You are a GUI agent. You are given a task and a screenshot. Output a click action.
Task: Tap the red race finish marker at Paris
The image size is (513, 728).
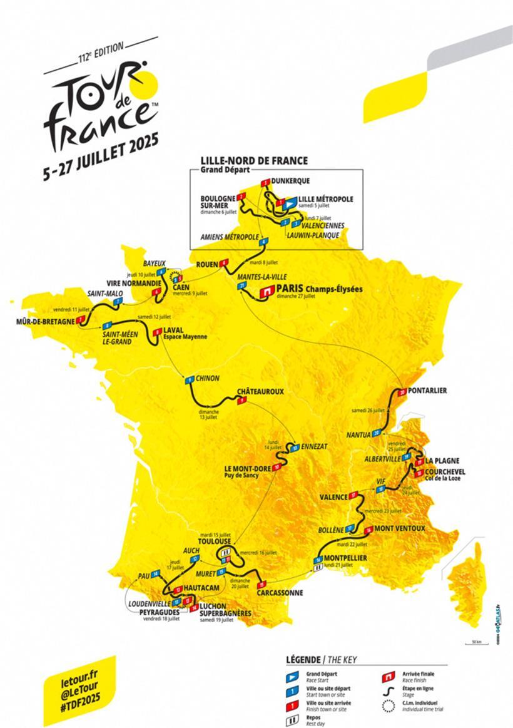pyautogui.click(x=267, y=291)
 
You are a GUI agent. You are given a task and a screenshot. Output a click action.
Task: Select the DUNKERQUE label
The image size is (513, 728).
pyautogui.click(x=291, y=181)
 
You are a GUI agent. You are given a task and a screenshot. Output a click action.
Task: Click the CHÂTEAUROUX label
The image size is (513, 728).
pyautogui.click(x=260, y=392)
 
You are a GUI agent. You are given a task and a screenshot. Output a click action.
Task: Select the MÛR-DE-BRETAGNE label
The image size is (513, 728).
pyautogui.click(x=41, y=322)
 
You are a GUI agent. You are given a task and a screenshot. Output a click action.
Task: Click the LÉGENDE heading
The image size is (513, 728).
pyautogui.click(x=303, y=660)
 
